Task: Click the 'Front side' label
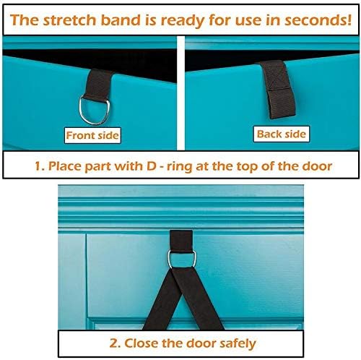(x=92, y=134)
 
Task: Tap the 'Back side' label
(x=281, y=134)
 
